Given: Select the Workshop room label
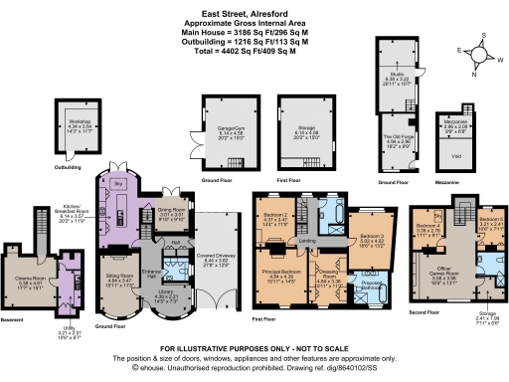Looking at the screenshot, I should pyautogui.click(x=73, y=126).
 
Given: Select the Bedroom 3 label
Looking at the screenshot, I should pyautogui.click(x=366, y=237).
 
